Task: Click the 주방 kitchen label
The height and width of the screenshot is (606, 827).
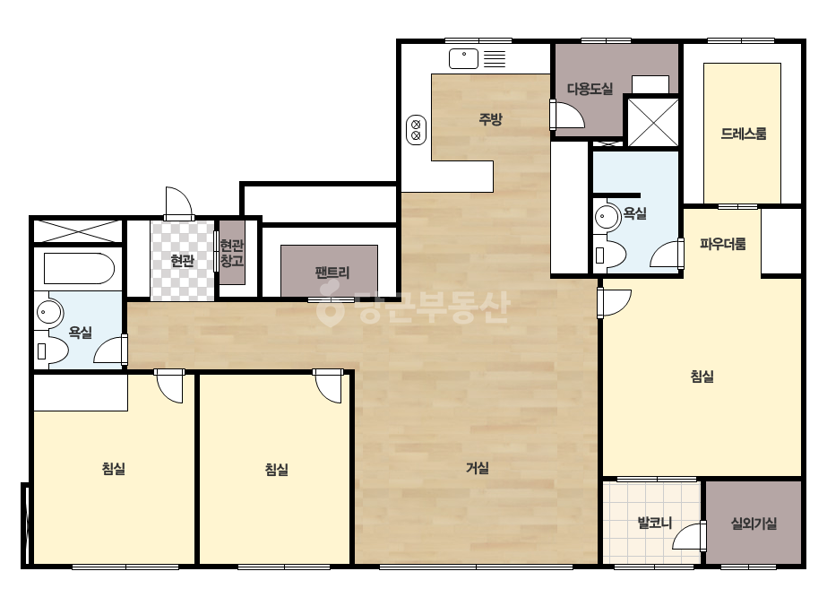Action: (x=490, y=118)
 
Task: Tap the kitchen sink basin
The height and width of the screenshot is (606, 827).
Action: (x=463, y=58)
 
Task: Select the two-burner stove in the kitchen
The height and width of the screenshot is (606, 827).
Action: (x=416, y=130)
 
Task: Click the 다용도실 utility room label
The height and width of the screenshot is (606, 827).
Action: (x=590, y=89)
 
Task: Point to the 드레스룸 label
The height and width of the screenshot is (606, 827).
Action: (x=743, y=134)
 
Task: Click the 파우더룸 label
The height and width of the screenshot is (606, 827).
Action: (x=722, y=244)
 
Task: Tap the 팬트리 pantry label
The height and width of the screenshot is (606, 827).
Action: (x=332, y=273)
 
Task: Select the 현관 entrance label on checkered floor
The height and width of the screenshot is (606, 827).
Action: (x=183, y=260)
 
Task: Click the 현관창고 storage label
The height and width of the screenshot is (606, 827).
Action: (x=232, y=253)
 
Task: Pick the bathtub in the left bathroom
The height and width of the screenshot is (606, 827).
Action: (x=79, y=269)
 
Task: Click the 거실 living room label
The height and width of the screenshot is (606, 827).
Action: (x=478, y=468)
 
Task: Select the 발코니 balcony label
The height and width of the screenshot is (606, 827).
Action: (x=655, y=524)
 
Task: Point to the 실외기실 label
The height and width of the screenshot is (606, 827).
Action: (x=754, y=524)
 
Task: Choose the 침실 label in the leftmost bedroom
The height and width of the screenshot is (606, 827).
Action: (x=114, y=468)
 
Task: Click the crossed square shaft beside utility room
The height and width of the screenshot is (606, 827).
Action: (x=653, y=122)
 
